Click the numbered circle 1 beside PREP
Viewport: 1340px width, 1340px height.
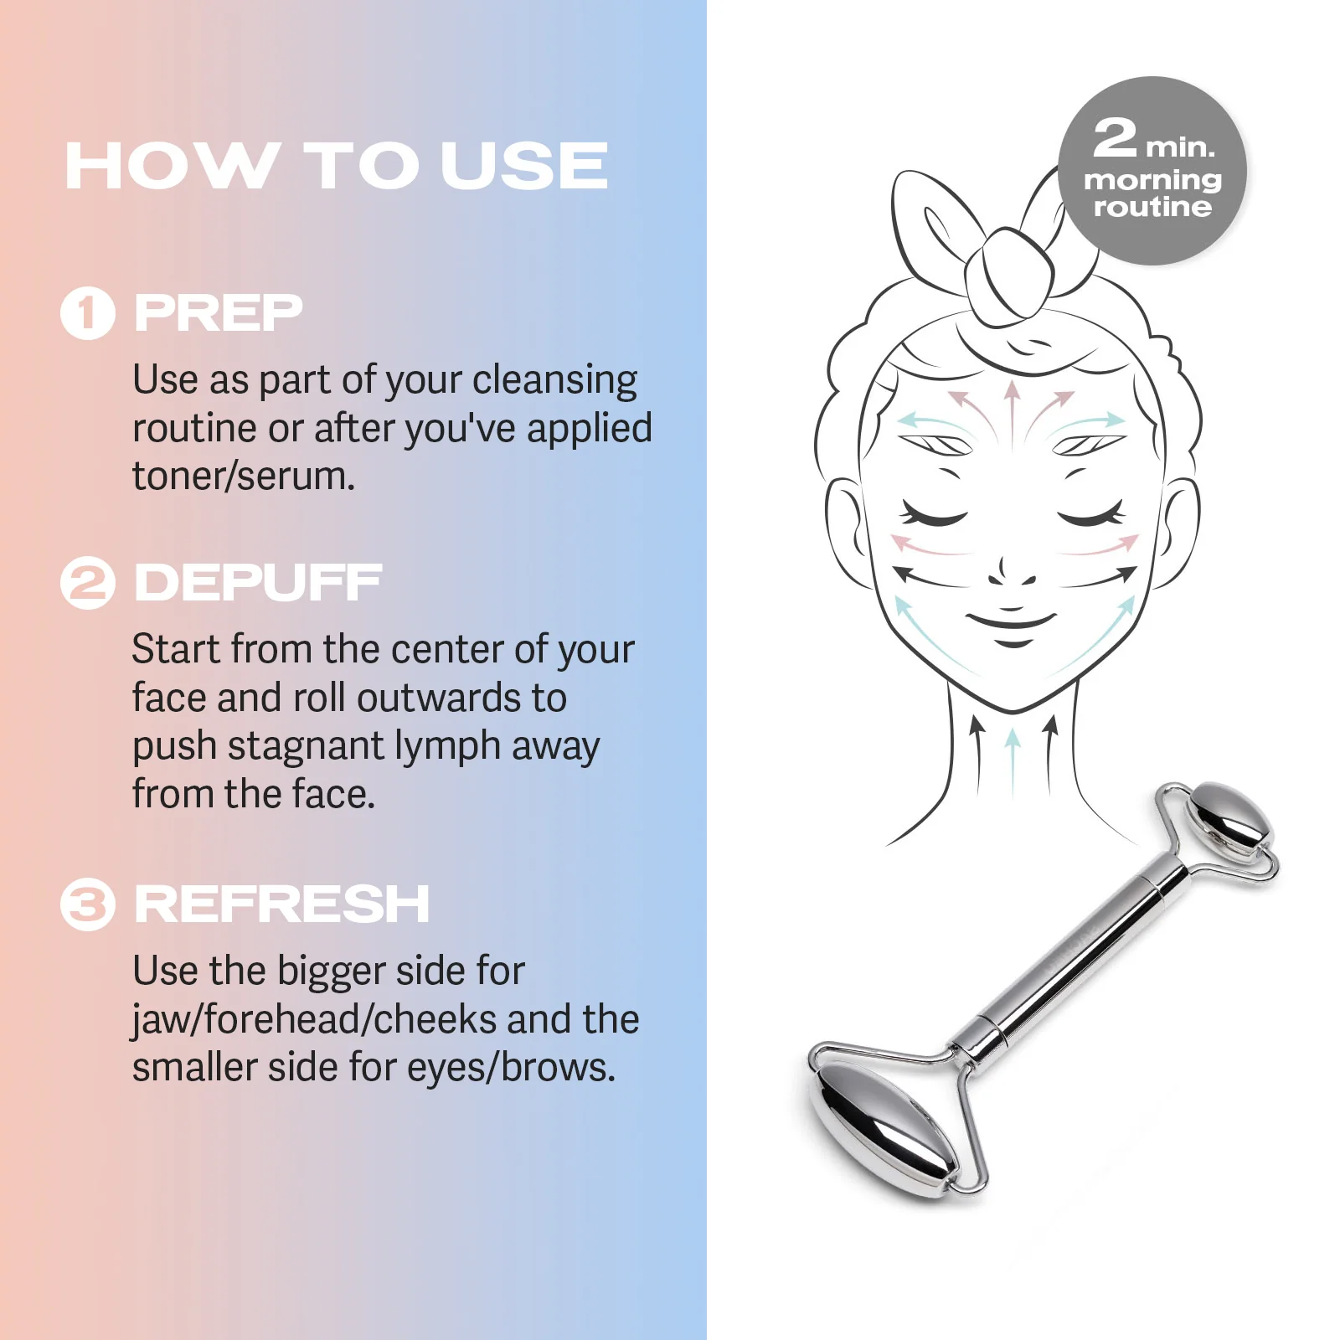point(87,313)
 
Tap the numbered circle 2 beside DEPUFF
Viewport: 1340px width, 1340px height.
point(87,583)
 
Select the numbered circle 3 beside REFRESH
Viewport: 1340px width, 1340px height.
point(87,904)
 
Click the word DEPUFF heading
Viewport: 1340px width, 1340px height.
point(258,583)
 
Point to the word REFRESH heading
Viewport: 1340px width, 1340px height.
point(281,904)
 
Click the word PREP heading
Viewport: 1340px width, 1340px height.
point(218,313)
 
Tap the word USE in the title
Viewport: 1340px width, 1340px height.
point(524,166)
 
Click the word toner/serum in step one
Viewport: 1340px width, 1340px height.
point(244,476)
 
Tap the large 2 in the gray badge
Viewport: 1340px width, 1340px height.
point(1116,138)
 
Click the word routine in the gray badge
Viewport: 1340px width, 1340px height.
point(1152,207)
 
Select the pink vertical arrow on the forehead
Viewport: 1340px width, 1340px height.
point(1013,410)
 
